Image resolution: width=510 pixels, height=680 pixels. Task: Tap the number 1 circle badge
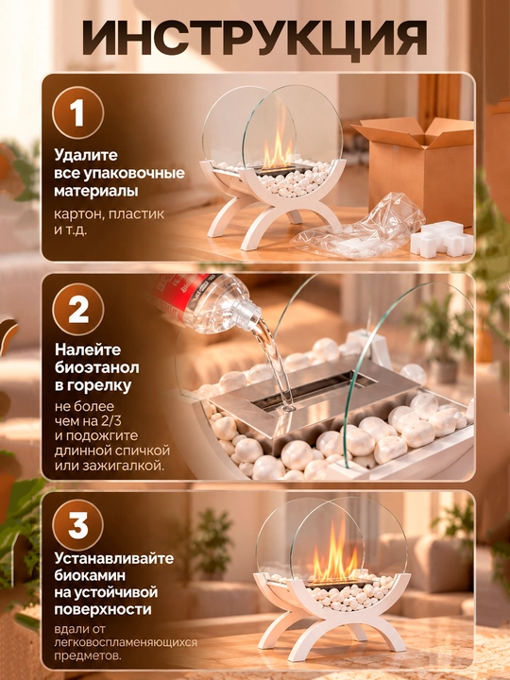point(78,112)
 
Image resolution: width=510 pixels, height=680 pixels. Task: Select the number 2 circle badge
point(78,310)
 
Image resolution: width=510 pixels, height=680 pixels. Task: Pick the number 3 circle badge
point(78,525)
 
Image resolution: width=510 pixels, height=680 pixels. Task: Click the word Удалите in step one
point(86,155)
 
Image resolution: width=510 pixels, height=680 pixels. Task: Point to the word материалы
point(96,191)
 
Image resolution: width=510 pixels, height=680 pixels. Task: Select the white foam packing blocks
point(441,239)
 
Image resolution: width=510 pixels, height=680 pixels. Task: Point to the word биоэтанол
point(97,367)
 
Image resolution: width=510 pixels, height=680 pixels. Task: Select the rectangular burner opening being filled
point(314,391)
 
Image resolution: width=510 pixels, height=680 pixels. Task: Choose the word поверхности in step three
point(103,610)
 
